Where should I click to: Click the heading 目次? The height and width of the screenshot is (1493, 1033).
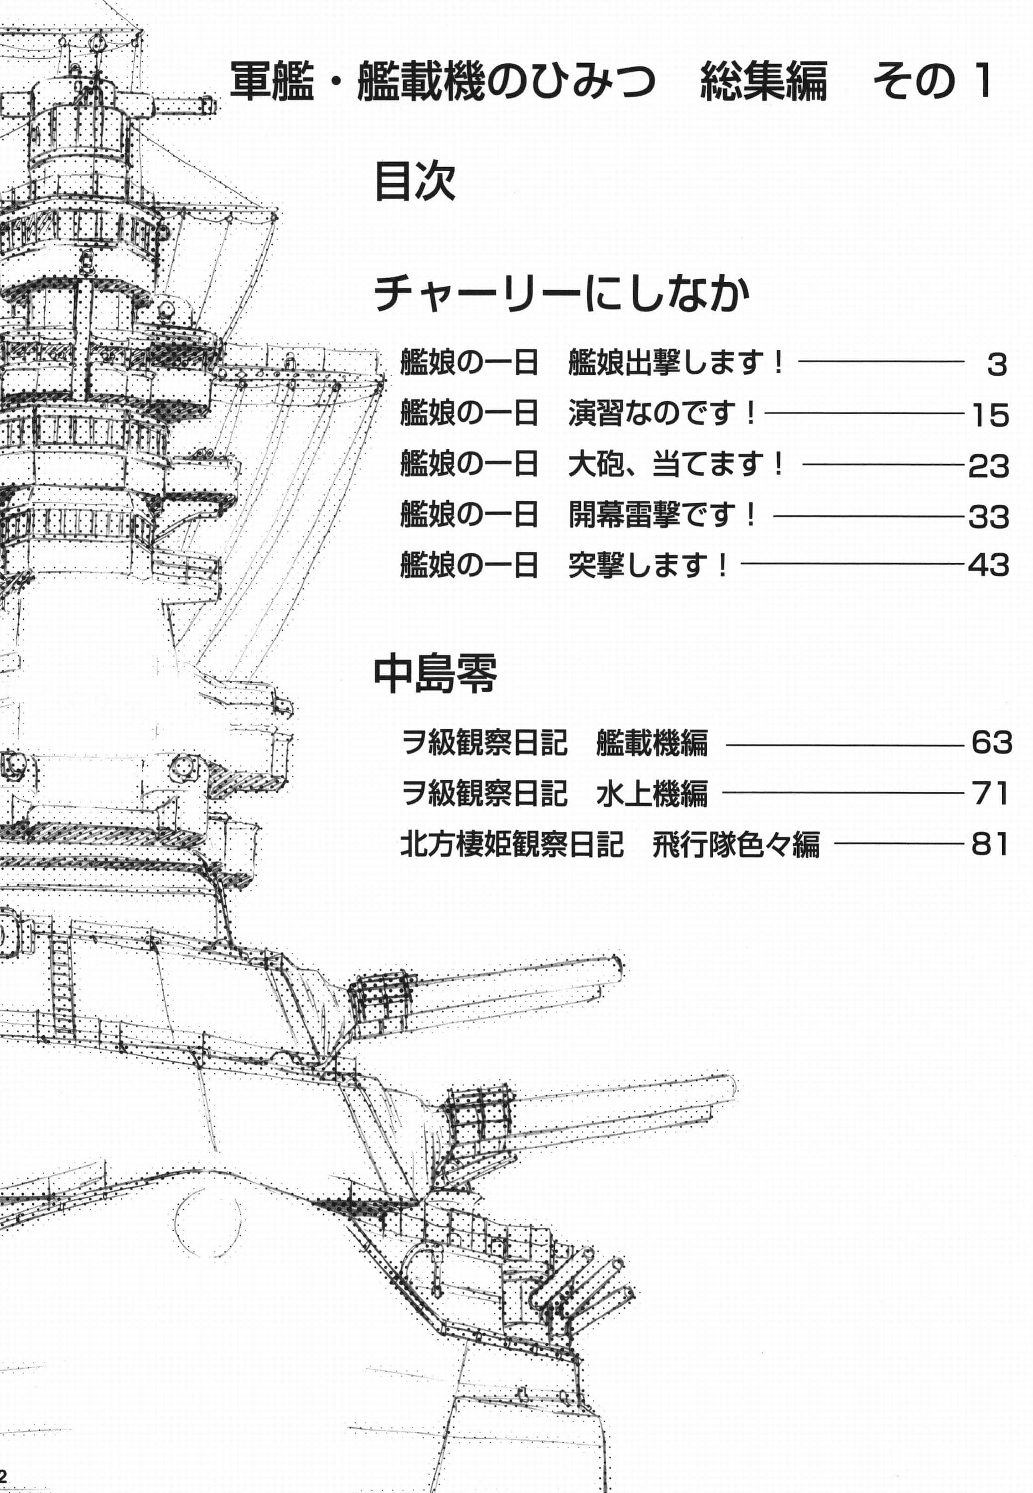pyautogui.click(x=415, y=182)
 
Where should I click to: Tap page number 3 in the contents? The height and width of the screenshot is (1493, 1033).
pyautogui.click(x=997, y=365)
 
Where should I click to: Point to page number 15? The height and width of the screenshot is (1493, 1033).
pyautogui.click(x=990, y=415)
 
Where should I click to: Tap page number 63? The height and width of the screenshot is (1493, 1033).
pyautogui.click(x=992, y=743)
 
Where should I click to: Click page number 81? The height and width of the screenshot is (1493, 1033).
pyautogui.click(x=990, y=844)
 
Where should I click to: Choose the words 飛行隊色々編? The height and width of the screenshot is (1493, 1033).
pyautogui.click(x=736, y=844)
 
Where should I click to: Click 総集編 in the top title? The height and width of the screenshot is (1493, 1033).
pyautogui.click(x=764, y=82)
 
